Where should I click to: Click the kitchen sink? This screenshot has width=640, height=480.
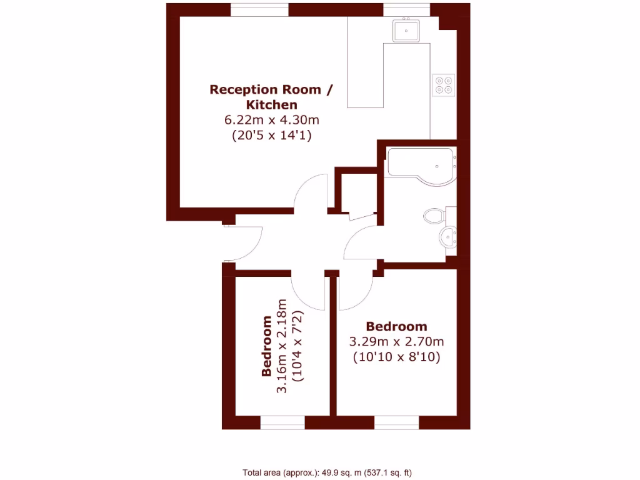[x=406, y=30]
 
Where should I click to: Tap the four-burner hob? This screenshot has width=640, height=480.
[x=444, y=84]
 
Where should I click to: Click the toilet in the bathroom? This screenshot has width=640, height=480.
[x=435, y=216]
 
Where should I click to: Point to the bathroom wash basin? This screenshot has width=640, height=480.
[x=448, y=237]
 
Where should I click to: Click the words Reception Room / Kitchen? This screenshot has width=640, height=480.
[x=271, y=97]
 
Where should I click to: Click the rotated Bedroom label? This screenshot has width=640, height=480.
[x=267, y=346]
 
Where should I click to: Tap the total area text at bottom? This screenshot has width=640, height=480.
[x=327, y=472]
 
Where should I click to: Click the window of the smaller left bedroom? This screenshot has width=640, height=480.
[x=282, y=422]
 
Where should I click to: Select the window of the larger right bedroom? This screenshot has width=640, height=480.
[x=396, y=422]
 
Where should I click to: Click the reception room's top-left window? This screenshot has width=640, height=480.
[x=259, y=9]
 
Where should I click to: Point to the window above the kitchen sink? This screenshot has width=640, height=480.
[x=406, y=9]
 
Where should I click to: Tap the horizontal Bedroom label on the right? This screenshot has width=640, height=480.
[x=396, y=326]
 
